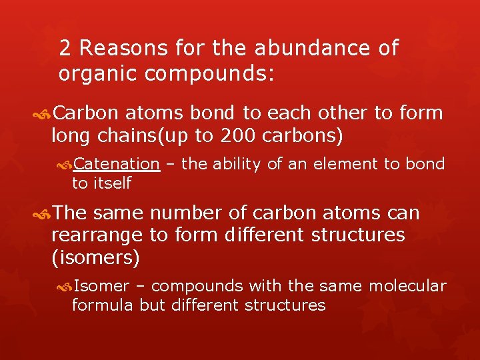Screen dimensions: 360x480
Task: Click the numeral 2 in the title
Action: [65, 49]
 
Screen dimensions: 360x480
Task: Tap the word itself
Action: [111, 183]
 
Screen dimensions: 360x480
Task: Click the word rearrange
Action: [97, 235]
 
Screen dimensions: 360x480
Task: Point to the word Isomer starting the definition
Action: [101, 286]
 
